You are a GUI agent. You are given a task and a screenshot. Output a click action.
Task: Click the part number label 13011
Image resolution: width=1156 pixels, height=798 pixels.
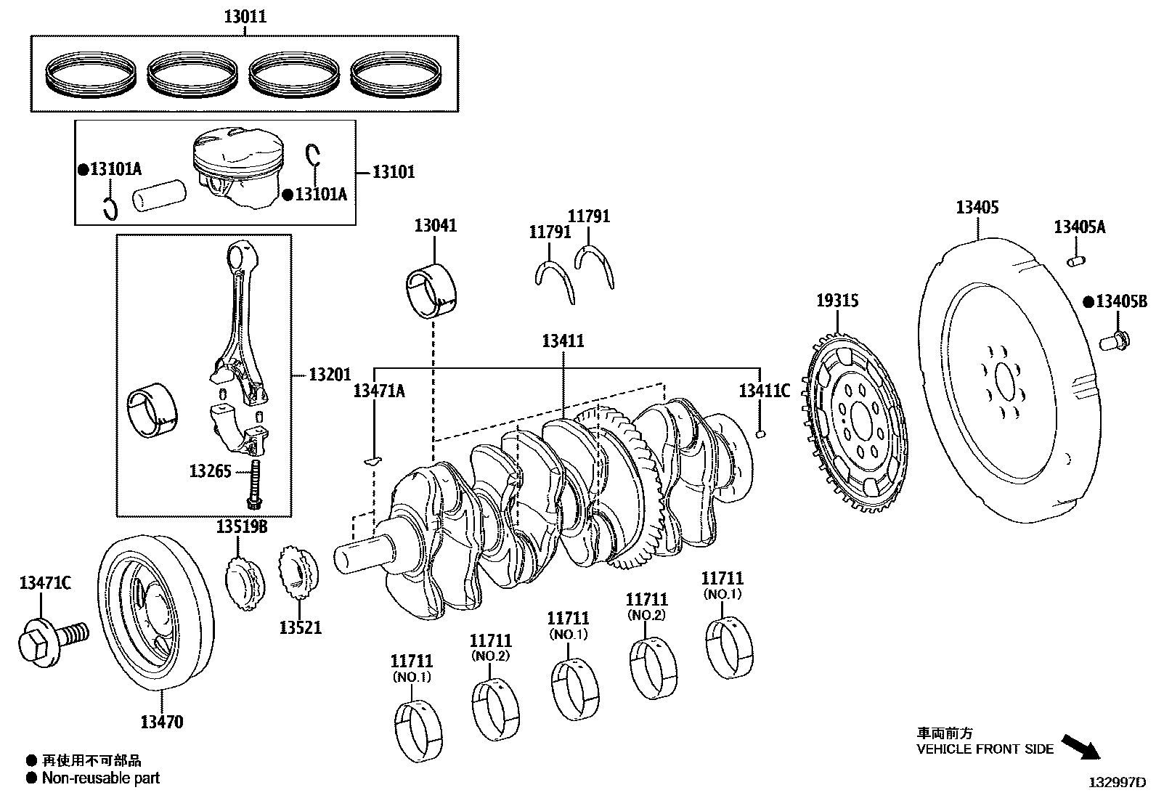244,16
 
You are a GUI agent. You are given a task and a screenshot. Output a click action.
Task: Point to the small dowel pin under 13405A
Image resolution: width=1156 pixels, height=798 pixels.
1075,258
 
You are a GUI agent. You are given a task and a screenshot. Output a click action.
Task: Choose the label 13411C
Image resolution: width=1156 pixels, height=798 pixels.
763,391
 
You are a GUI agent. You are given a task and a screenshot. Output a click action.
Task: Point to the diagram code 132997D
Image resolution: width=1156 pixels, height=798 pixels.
1116,783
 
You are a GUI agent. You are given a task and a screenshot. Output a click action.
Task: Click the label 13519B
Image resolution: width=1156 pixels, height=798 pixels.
240,526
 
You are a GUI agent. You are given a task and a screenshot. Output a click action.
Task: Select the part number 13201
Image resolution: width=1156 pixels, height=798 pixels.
329,375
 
